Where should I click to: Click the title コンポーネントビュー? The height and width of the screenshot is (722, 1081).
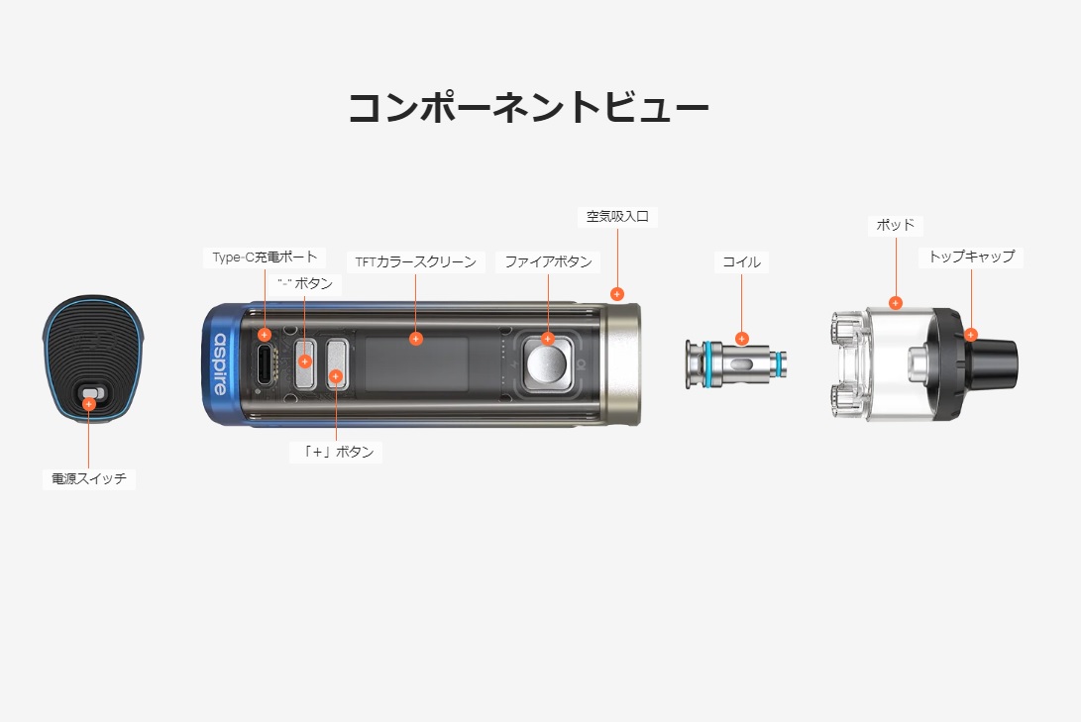(x=528, y=108)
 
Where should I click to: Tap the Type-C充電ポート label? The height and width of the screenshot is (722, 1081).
(x=265, y=258)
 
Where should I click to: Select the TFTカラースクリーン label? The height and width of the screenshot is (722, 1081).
(x=416, y=262)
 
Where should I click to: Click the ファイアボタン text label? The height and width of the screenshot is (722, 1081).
(x=548, y=261)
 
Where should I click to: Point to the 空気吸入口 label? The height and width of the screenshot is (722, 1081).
(x=616, y=216)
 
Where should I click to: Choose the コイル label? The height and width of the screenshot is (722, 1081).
(x=742, y=262)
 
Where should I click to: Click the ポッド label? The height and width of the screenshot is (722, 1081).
(x=895, y=225)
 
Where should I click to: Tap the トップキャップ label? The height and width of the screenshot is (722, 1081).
(x=971, y=257)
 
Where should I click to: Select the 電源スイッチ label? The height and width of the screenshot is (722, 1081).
(x=89, y=479)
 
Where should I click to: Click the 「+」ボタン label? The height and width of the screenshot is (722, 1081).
(x=337, y=452)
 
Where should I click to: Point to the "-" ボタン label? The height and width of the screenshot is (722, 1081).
(x=304, y=283)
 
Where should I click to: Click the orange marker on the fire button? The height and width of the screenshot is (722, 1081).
(x=548, y=339)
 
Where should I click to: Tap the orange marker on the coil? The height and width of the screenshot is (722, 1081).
(x=742, y=339)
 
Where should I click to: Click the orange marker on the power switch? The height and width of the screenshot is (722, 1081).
(x=89, y=404)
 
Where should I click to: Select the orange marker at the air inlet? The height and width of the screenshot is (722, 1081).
(x=617, y=293)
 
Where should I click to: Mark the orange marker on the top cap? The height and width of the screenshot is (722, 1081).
(x=971, y=335)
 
